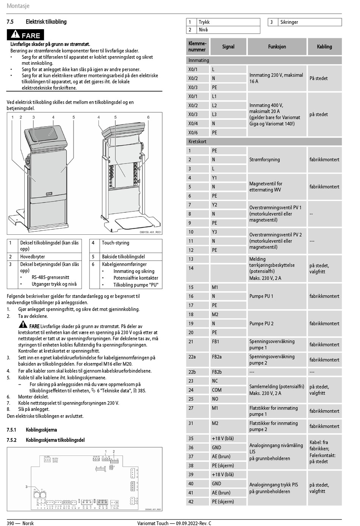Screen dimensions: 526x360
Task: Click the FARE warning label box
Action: pos(25,35)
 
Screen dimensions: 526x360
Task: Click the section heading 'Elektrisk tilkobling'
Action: pos(46,22)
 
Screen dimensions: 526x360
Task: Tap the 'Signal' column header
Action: pos(228,47)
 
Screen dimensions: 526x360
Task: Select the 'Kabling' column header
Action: pos(324,47)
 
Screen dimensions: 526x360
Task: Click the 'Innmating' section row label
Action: pos(199,60)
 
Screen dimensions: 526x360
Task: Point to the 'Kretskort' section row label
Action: pos(197,141)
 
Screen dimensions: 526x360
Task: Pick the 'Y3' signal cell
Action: pos(214,232)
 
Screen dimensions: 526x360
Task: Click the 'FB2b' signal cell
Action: pos(217,372)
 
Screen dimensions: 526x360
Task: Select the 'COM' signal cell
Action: pos(217,390)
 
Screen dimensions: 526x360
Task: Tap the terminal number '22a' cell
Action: pos(192,357)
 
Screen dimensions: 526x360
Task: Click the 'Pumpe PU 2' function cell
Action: pos(261,323)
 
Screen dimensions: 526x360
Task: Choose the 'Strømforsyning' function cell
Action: pos(265,160)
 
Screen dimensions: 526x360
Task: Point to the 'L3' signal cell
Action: pos(214,114)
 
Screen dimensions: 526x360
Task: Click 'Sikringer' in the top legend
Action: pos(289,22)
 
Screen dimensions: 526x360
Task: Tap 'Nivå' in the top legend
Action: pos(203,30)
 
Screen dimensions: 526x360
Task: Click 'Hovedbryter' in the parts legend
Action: pos(33,257)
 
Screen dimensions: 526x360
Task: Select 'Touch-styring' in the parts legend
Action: pos(116,243)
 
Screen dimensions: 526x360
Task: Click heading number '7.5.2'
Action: pos(11,440)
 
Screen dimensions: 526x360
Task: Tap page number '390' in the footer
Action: pos(11,523)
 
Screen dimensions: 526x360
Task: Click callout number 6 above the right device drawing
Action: pos(148,117)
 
